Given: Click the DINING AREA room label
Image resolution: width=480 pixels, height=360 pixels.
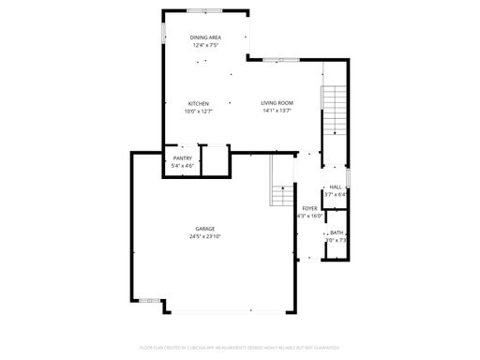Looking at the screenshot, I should pos(204,37).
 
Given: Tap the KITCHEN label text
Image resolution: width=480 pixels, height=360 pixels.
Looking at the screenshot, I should pos(198,103).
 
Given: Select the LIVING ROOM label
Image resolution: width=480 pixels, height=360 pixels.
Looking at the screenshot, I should pos(277,103).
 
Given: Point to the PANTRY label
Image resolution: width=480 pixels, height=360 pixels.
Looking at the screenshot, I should pos(183,158).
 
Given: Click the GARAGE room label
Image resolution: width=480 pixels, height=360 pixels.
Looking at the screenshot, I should pos(205,229).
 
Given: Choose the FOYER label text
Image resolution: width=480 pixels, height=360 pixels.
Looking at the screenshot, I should pos(309,208).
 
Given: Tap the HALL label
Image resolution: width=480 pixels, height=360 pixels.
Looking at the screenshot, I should pos(335,187).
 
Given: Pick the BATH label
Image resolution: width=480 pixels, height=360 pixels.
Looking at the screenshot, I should pos(336,232).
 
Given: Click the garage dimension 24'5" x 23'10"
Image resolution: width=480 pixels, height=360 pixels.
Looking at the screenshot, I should pos(205,236).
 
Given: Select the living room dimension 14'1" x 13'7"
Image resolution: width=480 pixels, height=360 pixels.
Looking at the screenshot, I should pos(277,111).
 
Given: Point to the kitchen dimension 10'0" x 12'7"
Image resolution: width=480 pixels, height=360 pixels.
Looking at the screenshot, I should pos(198,111).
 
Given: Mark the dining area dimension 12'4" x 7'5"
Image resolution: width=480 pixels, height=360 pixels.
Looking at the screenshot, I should pos(204,45).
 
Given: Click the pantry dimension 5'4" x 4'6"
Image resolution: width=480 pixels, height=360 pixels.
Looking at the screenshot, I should pos(183,166).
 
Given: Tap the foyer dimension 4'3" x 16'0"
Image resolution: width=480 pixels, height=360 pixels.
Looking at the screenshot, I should pos(309,216).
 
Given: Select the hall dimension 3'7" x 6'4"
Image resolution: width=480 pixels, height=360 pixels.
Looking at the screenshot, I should pos(335,194).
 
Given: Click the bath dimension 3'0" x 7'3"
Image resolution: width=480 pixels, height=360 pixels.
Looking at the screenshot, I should pos(336,240).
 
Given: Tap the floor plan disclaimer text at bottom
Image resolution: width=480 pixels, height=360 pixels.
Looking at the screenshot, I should pos(239,347).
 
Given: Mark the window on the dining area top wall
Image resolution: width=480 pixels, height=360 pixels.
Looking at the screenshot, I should pos(204,11).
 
